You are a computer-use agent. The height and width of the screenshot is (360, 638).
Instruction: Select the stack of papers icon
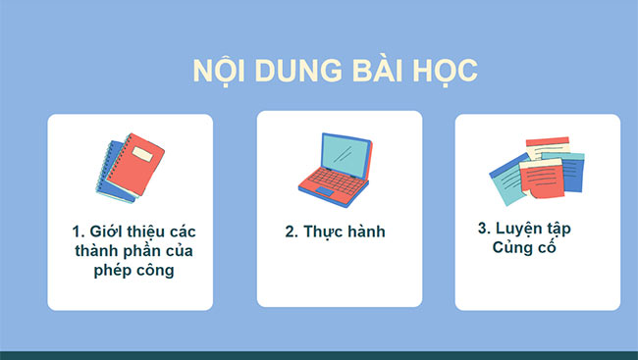(x=536, y=171)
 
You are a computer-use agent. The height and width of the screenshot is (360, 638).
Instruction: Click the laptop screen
(x=346, y=150)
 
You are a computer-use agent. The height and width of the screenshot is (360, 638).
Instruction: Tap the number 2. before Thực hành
(x=291, y=232)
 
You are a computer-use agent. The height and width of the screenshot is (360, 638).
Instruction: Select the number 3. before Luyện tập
(x=484, y=228)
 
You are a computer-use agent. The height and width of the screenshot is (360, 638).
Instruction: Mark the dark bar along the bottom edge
(x=319, y=355)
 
